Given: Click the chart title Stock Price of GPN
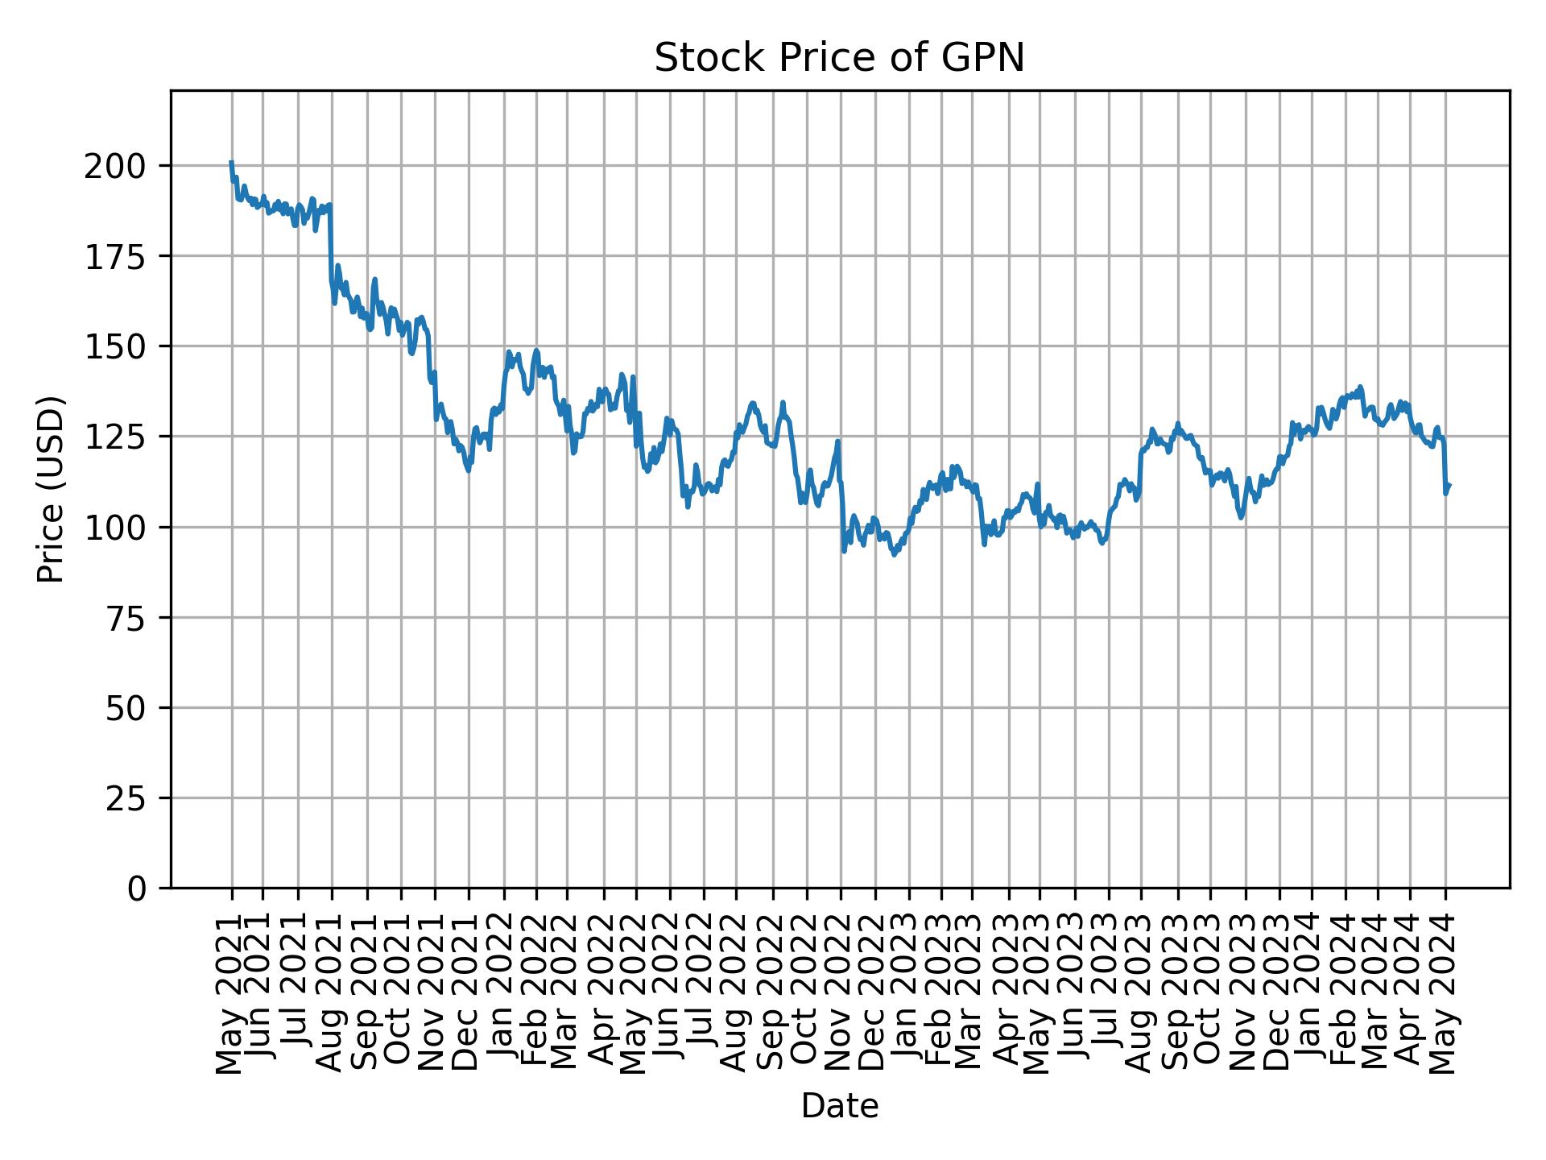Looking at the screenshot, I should coord(839,58).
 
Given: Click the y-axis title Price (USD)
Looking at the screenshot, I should coord(51,489).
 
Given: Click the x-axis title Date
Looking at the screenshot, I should coord(839,1106).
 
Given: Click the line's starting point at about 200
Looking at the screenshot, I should coord(231,162).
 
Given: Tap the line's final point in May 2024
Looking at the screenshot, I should coord(1449,485).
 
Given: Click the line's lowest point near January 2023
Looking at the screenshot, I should coord(895,555).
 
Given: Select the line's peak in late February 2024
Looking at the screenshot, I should coord(1360,387).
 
